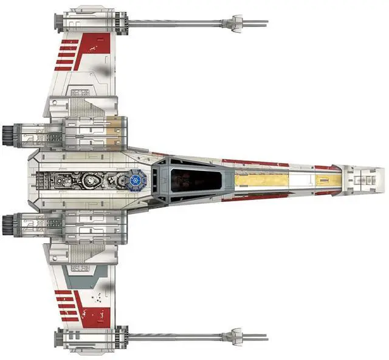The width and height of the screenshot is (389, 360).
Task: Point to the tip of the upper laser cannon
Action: tap(266, 23)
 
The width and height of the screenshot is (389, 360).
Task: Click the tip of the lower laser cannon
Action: tap(266, 336)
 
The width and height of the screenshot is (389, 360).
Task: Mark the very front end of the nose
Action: tap(384, 179)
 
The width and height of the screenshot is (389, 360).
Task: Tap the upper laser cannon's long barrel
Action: tap(176, 23)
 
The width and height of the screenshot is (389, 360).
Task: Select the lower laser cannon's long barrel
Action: tap(176, 336)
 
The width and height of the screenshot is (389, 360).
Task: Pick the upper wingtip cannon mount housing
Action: tap(91, 22)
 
